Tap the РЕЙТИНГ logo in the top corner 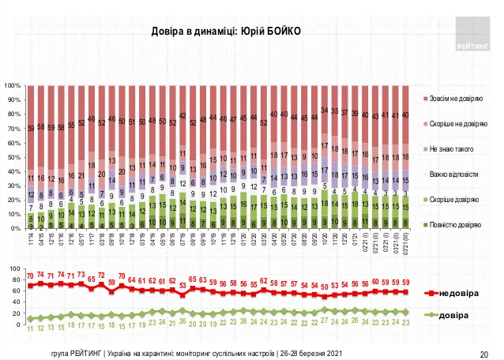472,36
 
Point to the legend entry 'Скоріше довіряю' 456,200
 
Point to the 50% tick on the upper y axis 13,156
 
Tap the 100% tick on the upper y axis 11,85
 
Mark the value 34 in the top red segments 324,110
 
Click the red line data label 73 81,275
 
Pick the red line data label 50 324,285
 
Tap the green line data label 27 324,321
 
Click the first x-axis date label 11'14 31,237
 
